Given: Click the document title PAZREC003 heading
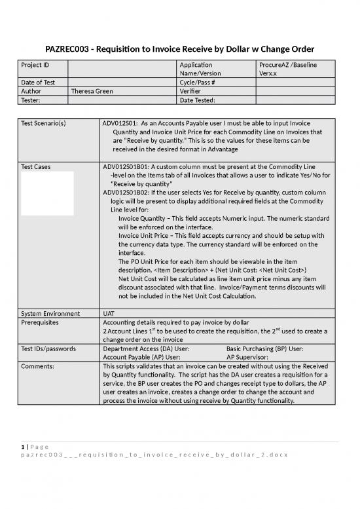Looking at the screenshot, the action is [180, 49].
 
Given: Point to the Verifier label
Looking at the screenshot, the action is [191, 92].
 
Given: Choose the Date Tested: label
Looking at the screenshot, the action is [199, 100].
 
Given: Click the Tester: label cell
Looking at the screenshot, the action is [31, 100].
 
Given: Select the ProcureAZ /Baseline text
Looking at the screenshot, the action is [285, 66].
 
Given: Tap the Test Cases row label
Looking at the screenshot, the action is [35, 167].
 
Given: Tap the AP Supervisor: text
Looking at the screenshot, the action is [252, 358].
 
